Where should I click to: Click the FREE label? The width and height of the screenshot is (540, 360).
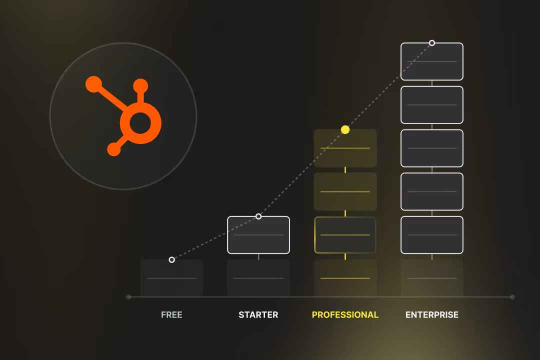coord(171,315)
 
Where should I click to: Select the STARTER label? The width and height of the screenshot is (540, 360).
coord(258,315)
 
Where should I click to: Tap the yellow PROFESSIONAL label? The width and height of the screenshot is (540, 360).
coord(345,315)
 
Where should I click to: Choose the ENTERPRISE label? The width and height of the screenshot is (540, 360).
coord(432,315)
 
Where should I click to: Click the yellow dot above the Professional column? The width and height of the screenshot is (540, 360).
coord(345,130)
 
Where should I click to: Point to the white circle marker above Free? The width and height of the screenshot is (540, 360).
coord(172,259)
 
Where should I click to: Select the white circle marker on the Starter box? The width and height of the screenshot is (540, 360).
coord(258,216)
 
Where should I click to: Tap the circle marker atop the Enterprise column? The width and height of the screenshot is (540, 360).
coord(432,43)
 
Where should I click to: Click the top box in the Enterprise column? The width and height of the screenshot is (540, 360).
coord(432,62)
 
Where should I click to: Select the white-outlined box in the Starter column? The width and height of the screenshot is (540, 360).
coord(258,235)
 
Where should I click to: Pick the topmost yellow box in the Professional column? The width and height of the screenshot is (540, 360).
coord(345,148)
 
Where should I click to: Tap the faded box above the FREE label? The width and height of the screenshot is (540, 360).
coord(172,278)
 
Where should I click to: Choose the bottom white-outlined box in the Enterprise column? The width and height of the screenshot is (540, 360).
coord(432,235)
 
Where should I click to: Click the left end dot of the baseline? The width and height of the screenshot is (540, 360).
coord(128,297)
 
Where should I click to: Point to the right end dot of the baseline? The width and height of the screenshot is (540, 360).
coord(512,297)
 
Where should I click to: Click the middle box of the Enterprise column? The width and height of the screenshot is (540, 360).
coord(432,148)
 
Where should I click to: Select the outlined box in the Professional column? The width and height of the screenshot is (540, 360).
coord(345,235)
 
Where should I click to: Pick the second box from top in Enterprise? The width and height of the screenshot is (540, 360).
coord(432,105)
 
